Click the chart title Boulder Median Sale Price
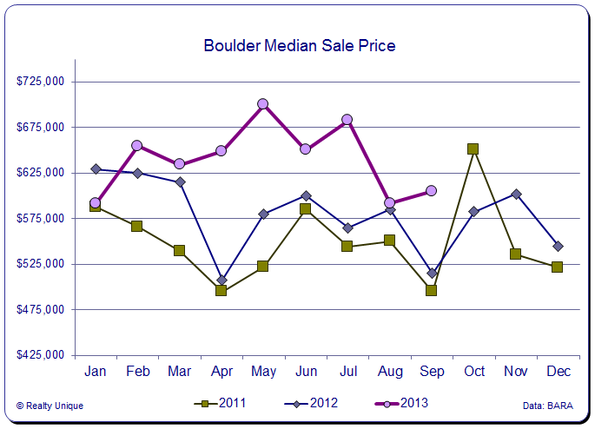coord(300,45)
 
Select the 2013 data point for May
coord(262,104)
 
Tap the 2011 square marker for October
coord(473,149)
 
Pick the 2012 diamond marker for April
coord(221,280)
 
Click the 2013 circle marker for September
coord(431,191)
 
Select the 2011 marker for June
coord(305,209)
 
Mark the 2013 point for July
coord(347,120)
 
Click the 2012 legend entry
coord(312,403)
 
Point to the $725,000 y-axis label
coord(42,82)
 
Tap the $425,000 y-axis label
coord(42,355)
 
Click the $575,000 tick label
coord(42,218)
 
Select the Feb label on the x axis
coord(137,372)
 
